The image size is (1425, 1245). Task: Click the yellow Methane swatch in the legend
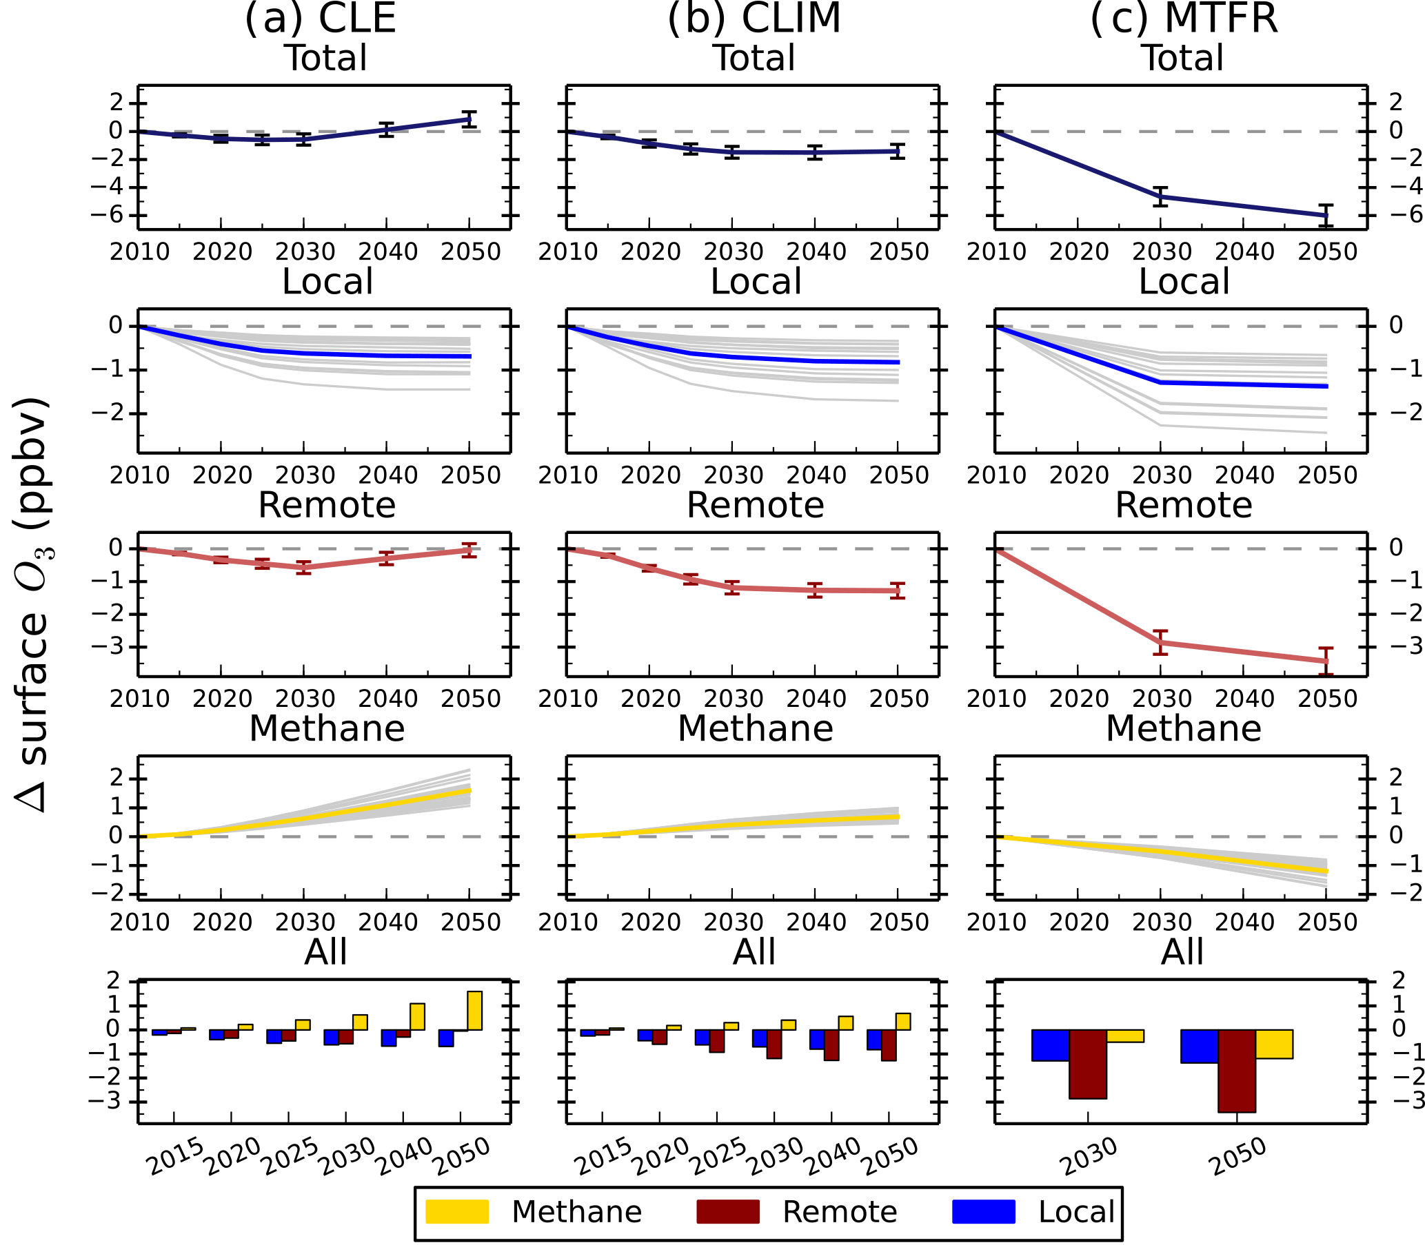coord(456,1211)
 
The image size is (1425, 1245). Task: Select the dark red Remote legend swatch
coord(727,1211)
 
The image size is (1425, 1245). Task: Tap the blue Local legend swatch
coord(983,1211)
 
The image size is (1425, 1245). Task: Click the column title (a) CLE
coord(320,18)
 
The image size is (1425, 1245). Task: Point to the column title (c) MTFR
coord(1184,18)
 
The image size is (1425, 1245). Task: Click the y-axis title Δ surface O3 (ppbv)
coord(33,604)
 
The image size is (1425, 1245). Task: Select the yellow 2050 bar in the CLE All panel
coord(475,1010)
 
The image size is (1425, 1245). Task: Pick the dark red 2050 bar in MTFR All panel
coord(1237,1071)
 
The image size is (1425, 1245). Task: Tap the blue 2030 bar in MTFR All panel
coord(1051,1045)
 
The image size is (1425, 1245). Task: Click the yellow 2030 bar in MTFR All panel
coord(1124,1036)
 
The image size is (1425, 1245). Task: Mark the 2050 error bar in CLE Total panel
coord(470,119)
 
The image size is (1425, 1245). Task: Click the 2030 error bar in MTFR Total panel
coord(1160,196)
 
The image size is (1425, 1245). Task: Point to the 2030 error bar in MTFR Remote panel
coord(1160,642)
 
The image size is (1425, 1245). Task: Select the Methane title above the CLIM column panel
coord(755,729)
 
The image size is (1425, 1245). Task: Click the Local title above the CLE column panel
coord(327,282)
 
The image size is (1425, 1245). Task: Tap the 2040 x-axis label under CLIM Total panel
coord(816,251)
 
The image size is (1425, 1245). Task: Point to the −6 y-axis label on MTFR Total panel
coord(1396,215)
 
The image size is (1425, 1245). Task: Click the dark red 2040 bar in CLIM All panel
coord(831,1045)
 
